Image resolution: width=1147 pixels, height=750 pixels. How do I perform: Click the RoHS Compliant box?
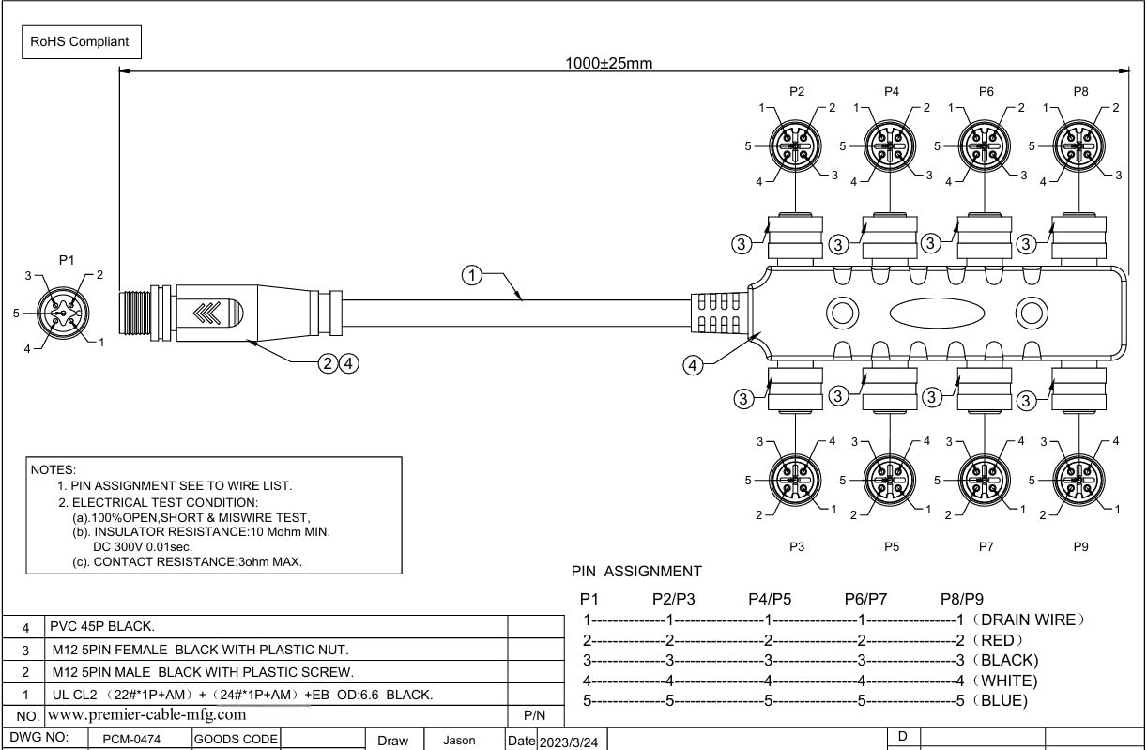point(82,42)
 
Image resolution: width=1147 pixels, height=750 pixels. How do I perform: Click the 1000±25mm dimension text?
point(608,63)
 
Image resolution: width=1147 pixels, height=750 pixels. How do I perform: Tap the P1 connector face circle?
point(63,313)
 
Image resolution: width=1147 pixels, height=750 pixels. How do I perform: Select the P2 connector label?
point(797,92)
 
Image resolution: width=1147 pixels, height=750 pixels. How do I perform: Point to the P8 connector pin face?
point(1078,146)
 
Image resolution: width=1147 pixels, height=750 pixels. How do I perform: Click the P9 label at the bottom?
point(1080,546)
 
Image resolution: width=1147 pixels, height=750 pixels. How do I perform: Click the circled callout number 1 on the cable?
point(471,275)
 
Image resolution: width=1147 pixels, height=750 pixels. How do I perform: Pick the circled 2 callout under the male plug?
point(328,363)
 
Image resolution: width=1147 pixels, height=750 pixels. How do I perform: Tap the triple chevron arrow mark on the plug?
point(207,313)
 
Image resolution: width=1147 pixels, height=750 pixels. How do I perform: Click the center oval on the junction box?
point(937,313)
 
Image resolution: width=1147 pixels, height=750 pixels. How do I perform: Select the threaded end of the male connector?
point(134,313)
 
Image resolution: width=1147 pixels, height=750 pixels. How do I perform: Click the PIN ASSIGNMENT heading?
point(636,571)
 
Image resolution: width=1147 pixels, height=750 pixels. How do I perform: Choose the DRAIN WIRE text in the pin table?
point(1027,620)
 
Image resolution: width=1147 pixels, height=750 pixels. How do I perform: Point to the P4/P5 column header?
point(770,599)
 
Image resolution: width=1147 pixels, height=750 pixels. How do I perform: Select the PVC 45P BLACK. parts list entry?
point(102,626)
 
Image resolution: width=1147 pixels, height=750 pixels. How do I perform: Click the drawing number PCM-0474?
point(131,740)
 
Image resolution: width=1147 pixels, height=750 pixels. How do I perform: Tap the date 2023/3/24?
point(569,742)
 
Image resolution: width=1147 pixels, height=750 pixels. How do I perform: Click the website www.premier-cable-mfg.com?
point(147,714)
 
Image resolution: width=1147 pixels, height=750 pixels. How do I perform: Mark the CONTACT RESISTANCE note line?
point(187,561)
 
